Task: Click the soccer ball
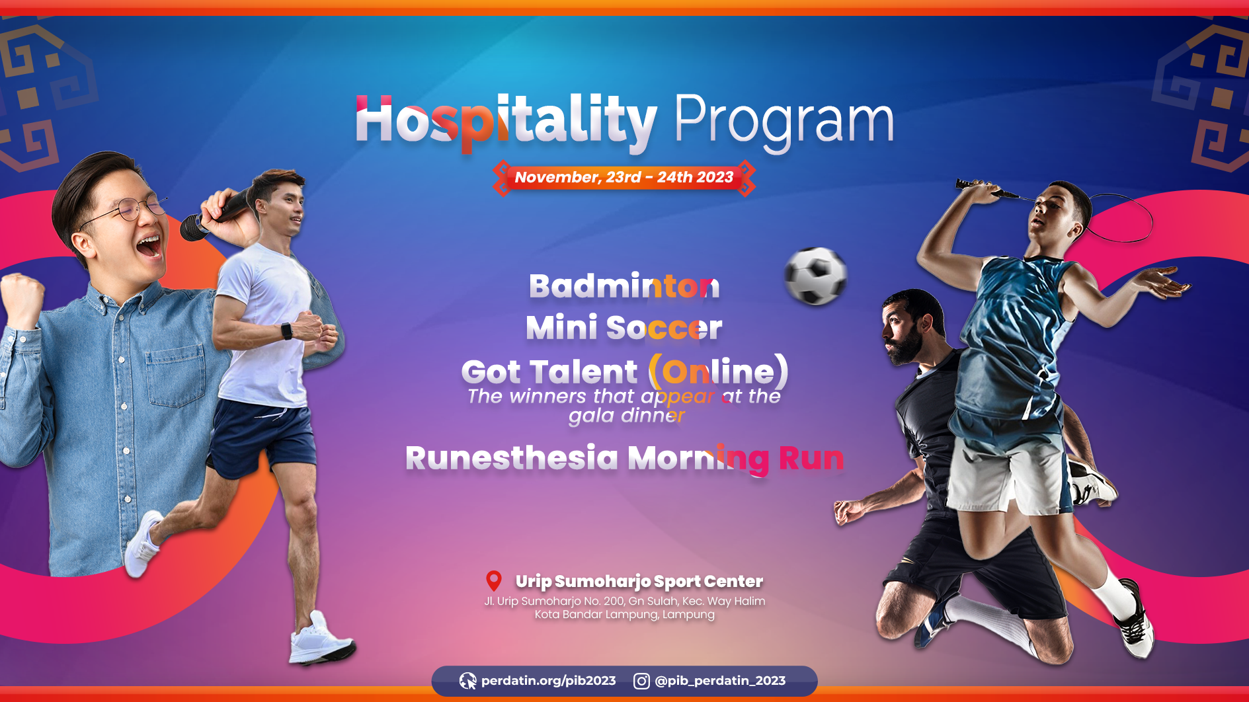815,276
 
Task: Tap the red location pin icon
494,580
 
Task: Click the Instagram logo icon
641,681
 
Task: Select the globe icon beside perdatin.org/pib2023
467,681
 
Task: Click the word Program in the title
784,122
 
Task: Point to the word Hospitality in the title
506,122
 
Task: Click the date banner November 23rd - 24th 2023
624,177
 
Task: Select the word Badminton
624,286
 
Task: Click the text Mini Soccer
624,328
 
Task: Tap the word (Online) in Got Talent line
719,371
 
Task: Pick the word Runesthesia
512,458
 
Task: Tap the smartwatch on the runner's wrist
286,331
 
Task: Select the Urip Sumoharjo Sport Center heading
639,581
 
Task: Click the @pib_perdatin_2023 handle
720,681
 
